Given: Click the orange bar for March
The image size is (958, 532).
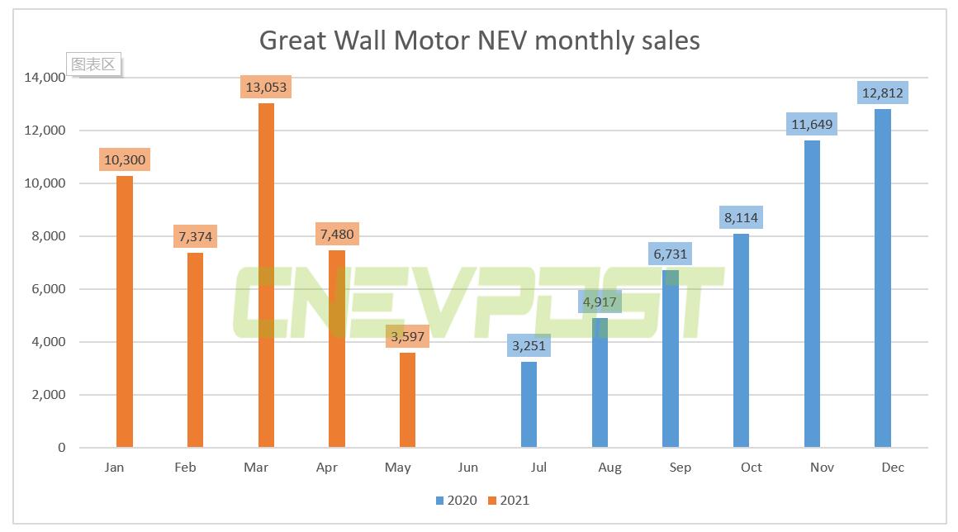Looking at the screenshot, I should tap(266, 275).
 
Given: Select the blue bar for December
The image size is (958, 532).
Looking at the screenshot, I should tap(882, 278).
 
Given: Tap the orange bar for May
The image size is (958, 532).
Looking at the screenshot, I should tap(407, 400).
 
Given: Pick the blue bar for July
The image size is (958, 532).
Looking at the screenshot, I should tap(529, 405).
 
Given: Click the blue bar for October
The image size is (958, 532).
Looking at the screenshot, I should tap(741, 340).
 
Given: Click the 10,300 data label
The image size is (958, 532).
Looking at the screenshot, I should tap(125, 160).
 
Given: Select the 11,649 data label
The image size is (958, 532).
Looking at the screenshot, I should tap(811, 125).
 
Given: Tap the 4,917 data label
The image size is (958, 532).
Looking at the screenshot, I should tap(600, 302).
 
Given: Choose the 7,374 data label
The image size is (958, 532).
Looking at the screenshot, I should tap(195, 237).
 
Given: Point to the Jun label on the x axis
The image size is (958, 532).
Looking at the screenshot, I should tap(468, 468).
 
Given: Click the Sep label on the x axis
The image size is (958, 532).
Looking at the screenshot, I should tap(681, 468).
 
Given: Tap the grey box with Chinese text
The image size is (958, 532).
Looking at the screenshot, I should tap(93, 64).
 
